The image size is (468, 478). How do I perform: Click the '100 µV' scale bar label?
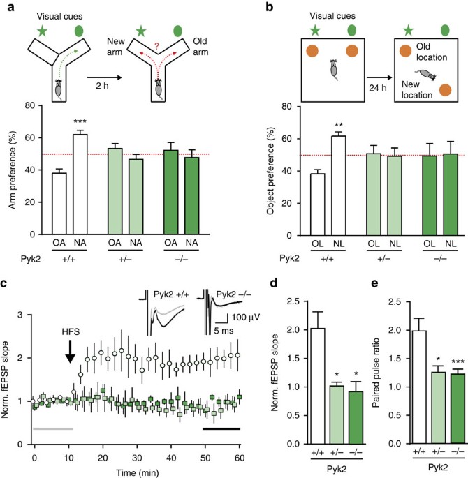coord(224,337)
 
